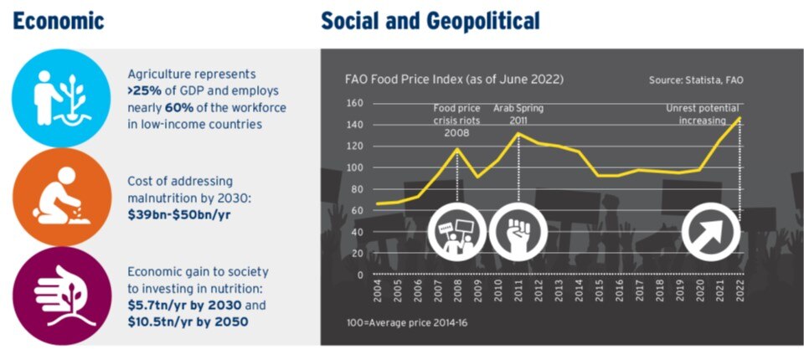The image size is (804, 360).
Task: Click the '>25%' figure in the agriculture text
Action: click(x=147, y=90)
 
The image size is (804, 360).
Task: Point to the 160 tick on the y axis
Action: click(x=355, y=104)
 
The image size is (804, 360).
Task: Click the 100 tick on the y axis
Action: click(x=355, y=167)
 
